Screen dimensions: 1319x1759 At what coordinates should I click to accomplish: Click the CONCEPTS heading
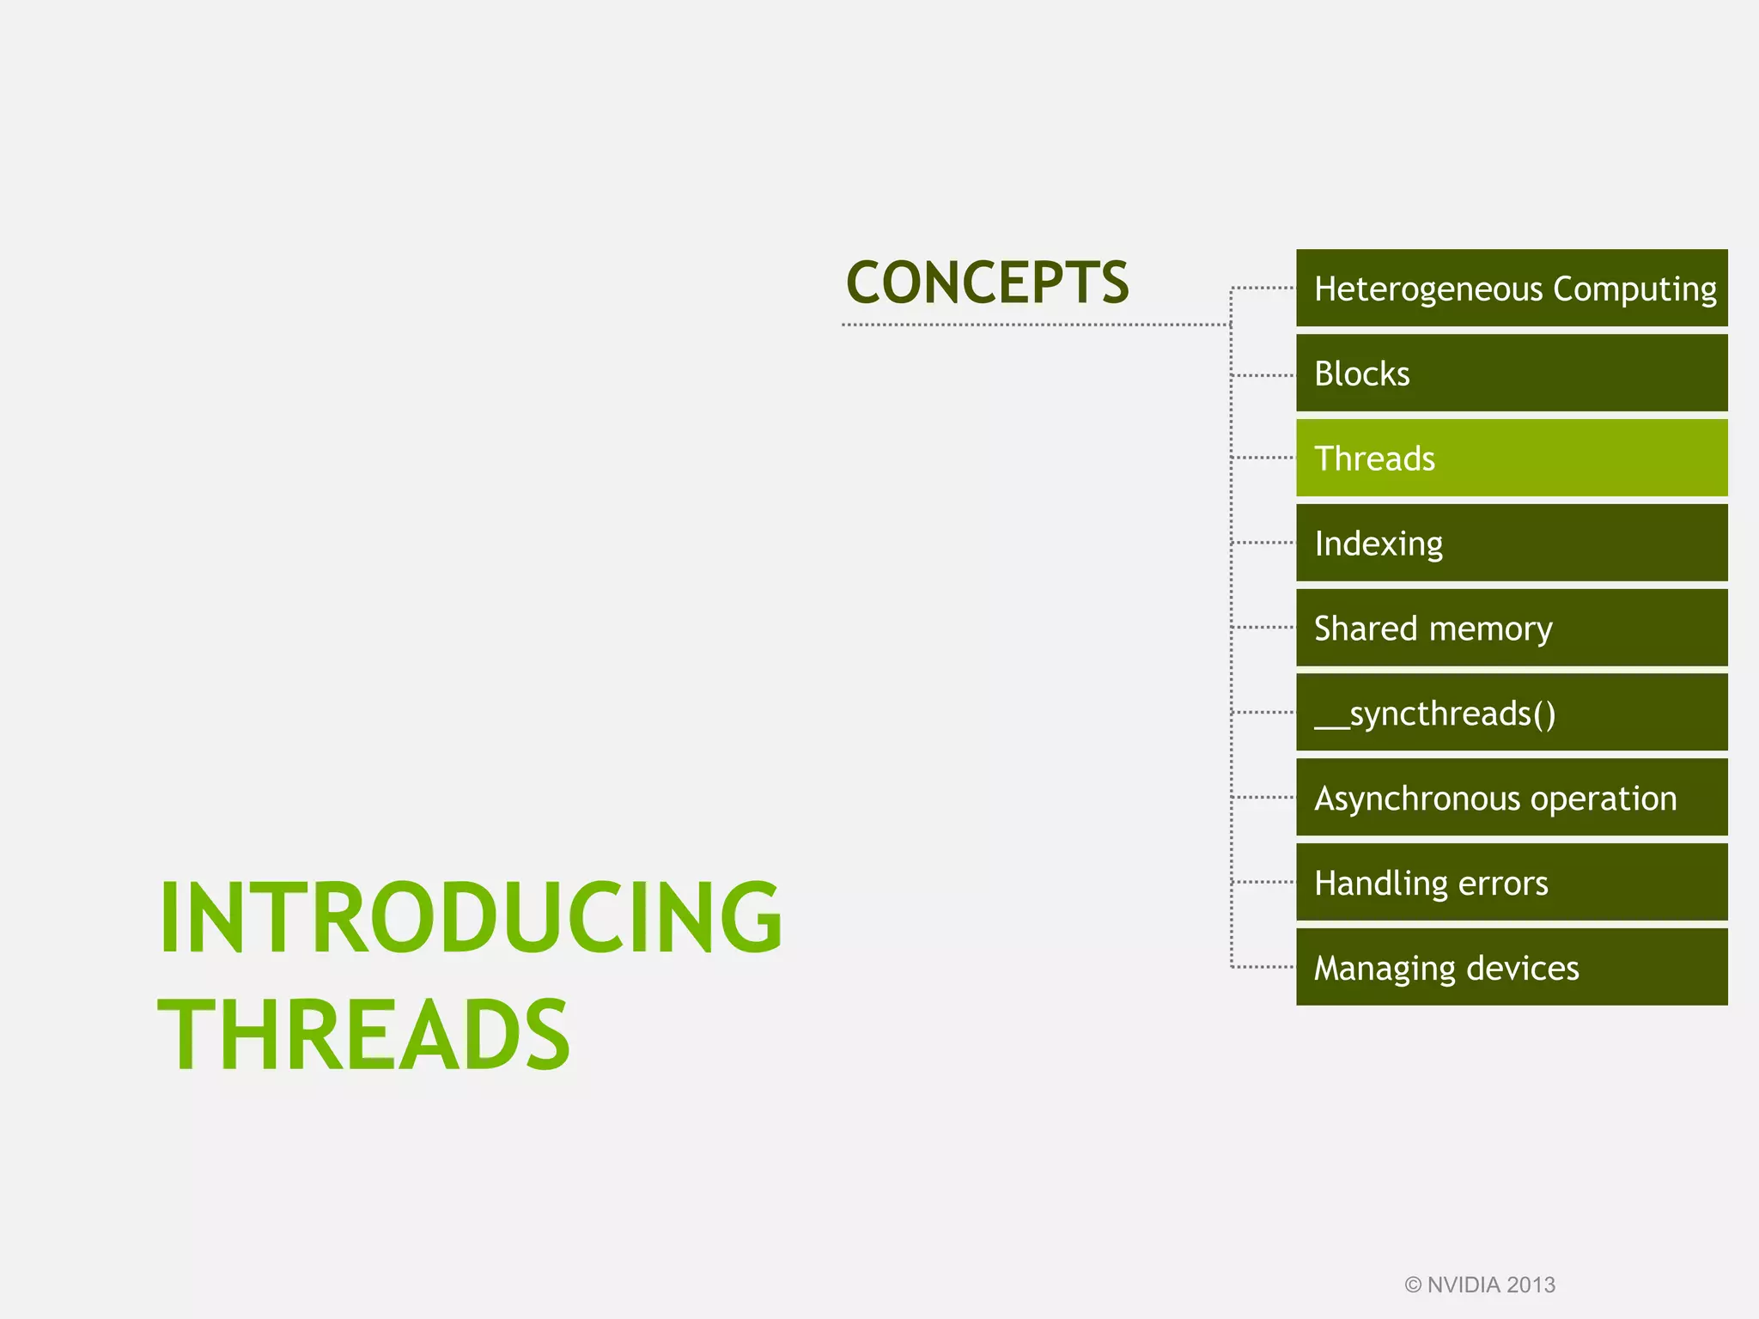987,283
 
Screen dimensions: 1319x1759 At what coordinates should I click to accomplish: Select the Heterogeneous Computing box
1512,288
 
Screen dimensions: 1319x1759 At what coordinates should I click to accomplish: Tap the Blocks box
1512,374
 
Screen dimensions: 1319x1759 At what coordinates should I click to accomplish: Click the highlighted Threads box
1512,458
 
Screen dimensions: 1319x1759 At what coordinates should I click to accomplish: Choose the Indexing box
1512,543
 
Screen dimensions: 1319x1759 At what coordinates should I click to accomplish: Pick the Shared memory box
1512,628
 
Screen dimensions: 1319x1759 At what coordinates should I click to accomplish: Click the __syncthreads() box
1512,713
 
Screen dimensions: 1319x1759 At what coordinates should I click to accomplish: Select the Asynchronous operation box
1512,798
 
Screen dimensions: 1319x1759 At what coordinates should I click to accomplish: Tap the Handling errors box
1512,882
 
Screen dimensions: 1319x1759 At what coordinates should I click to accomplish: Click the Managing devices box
1512,967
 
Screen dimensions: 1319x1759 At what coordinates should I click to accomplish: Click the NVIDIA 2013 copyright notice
1480,1285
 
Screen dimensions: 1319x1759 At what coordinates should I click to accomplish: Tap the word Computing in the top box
1634,289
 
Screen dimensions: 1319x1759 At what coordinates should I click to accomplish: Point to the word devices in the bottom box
1523,969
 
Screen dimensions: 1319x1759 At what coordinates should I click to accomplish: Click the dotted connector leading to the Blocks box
1263,375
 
